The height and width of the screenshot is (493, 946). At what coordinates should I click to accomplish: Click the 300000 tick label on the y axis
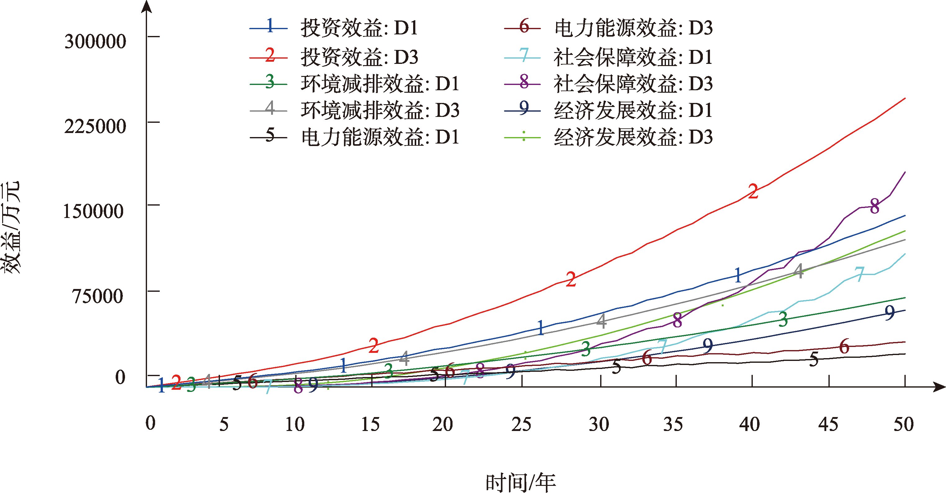pos(95,41)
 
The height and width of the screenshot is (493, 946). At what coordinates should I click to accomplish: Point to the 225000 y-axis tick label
pos(95,126)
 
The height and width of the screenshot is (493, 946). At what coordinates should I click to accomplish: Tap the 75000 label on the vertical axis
pos(97,296)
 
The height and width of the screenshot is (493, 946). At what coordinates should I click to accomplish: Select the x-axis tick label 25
pos(521,424)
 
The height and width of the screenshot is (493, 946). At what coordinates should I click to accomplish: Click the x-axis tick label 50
pos(904,424)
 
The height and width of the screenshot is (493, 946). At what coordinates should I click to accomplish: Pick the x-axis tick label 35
pos(673,424)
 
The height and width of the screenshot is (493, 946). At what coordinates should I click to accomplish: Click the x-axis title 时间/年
pos(520,482)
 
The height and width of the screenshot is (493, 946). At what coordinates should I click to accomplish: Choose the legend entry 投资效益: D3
pos(359,57)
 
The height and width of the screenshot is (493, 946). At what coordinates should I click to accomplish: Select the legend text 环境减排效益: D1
pos(380,84)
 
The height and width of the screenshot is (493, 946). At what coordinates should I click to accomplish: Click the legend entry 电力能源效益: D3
pos(633,28)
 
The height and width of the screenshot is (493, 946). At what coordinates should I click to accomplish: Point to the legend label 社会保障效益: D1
pos(633,57)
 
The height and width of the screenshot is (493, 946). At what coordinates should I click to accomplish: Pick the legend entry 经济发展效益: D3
pos(633,137)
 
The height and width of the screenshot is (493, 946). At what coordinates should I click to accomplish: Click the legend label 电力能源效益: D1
pos(380,137)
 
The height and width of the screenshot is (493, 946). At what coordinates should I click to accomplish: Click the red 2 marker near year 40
pos(753,192)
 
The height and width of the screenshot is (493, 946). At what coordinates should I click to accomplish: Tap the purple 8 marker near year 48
pos(875,206)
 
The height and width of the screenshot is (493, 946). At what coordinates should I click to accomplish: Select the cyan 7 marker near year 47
pos(859,274)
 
